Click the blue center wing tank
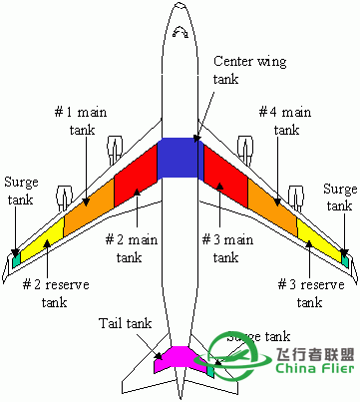click(180, 158)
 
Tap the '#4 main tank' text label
click(279, 120)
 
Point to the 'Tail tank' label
click(125, 324)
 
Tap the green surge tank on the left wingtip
click(15, 259)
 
